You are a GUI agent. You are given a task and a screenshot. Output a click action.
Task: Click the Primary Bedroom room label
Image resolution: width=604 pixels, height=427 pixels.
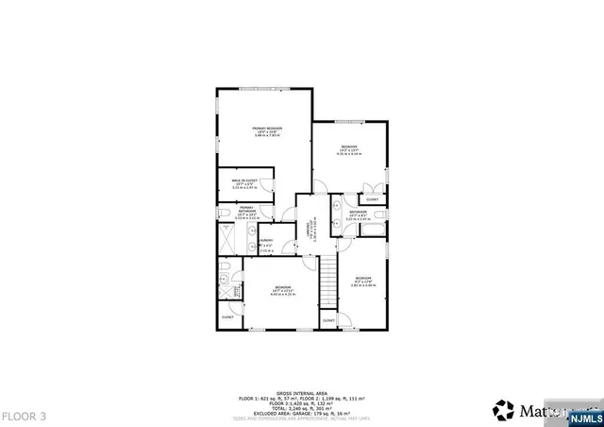(x=267, y=130)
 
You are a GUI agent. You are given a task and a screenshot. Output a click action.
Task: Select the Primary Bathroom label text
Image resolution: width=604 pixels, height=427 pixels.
(x=244, y=213)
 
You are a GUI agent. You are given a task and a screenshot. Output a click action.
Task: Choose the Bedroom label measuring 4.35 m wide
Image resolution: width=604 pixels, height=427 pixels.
(x=349, y=149)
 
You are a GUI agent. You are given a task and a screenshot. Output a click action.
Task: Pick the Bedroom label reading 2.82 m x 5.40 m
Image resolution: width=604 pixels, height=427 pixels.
(x=363, y=282)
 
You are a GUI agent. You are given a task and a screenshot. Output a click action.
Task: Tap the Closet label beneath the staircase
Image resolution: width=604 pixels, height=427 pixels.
(x=328, y=321)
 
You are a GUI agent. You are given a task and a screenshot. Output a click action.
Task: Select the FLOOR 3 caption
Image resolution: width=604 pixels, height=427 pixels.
(x=24, y=415)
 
